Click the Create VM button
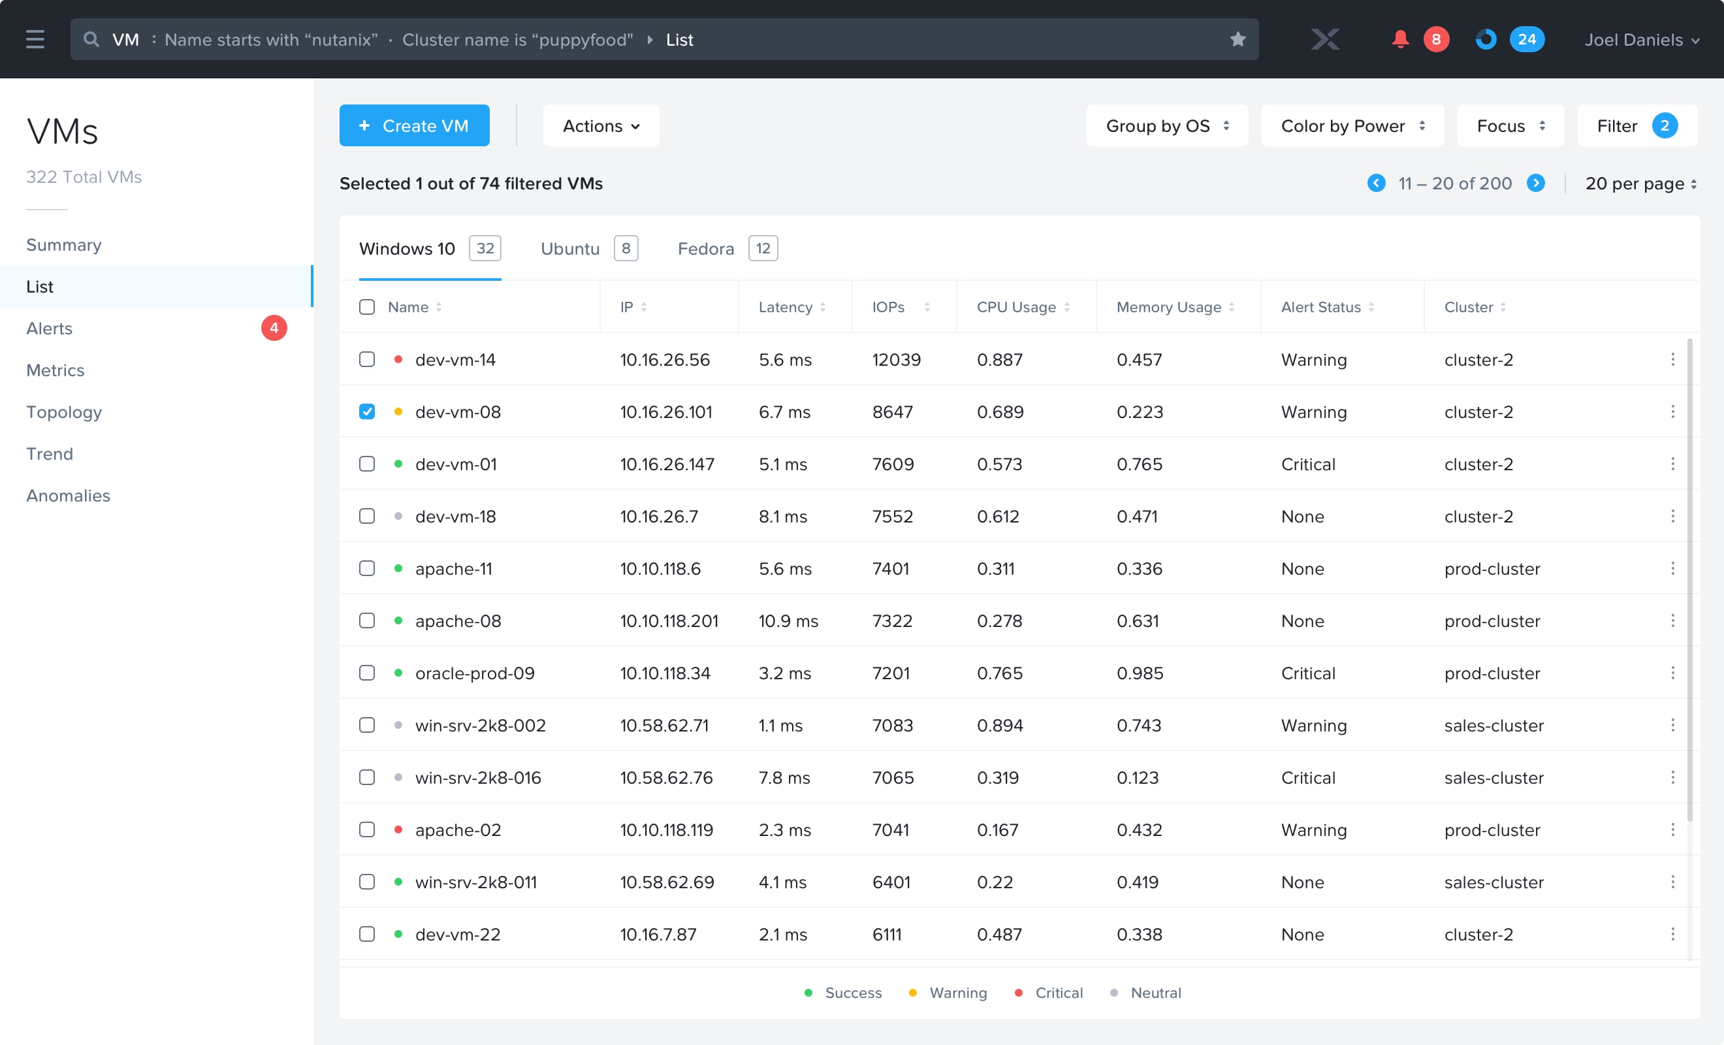(414, 125)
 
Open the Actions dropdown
(601, 125)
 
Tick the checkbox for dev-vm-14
(366, 360)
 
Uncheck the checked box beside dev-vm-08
(366, 411)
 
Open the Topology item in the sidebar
(64, 412)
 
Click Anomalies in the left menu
(68, 496)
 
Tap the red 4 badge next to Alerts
(274, 329)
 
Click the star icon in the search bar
(1237, 39)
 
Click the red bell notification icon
(1400, 39)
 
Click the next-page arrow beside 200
(1536, 184)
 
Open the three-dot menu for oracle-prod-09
(1673, 673)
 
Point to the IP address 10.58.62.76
(666, 778)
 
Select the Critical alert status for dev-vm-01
(1307, 464)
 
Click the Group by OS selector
(1167, 125)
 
